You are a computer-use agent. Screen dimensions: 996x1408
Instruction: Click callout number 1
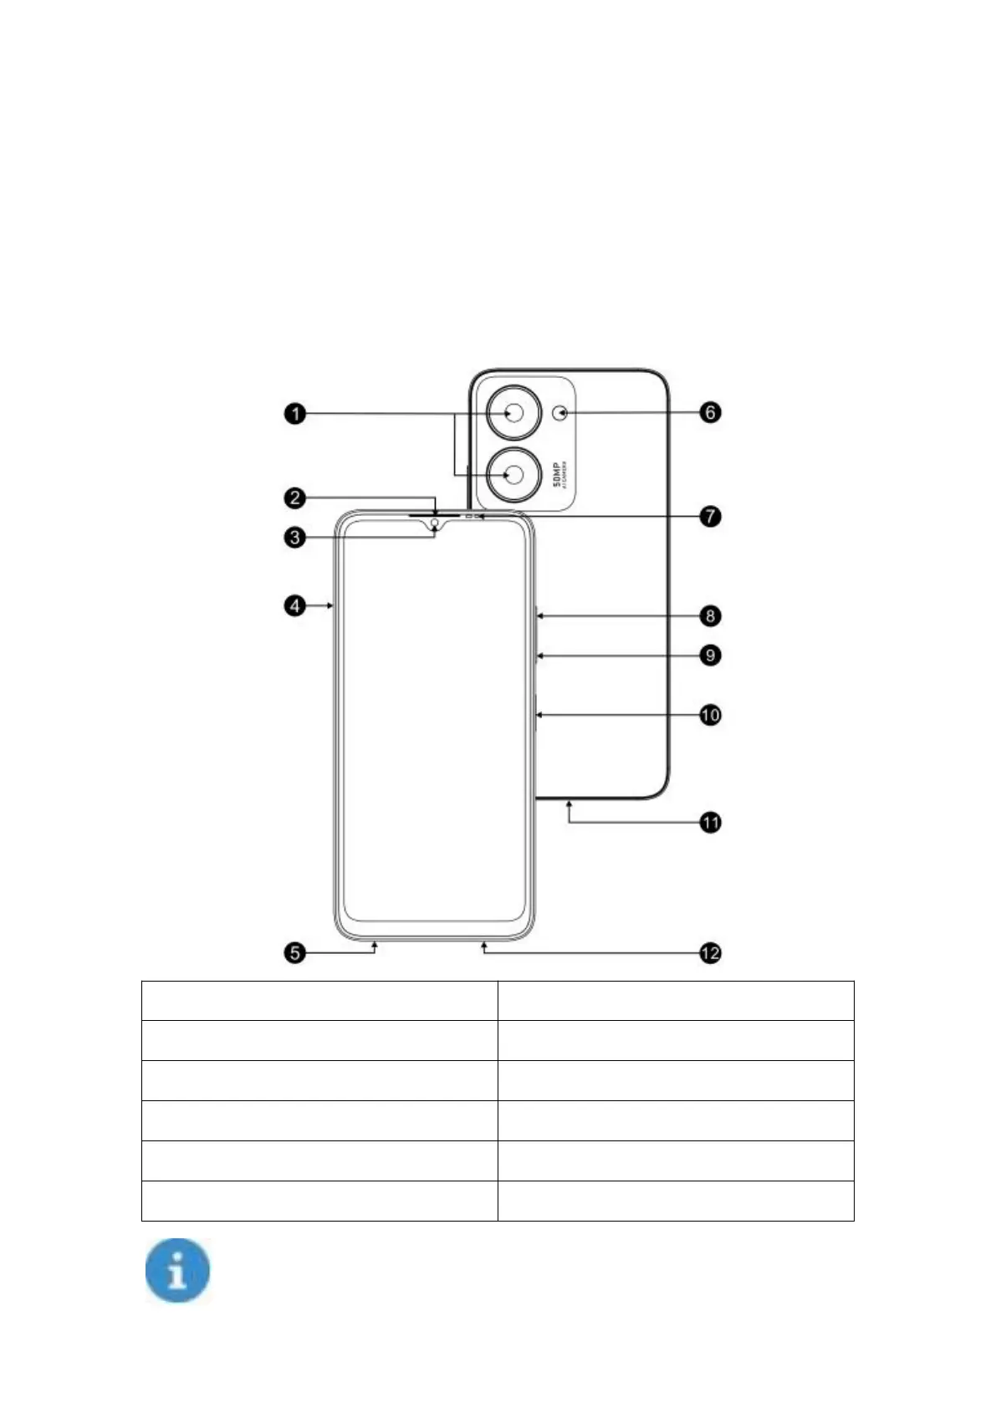[x=294, y=413]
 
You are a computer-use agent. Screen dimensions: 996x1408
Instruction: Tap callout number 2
[x=294, y=498]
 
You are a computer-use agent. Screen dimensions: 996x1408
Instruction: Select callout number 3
[x=294, y=537]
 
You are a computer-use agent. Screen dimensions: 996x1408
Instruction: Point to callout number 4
[x=294, y=605]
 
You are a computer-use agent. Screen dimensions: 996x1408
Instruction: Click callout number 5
[x=294, y=952]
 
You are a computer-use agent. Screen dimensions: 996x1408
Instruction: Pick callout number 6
[x=710, y=412]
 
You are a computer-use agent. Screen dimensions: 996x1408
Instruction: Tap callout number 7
[x=710, y=516]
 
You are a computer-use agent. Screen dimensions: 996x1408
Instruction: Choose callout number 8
[x=710, y=616]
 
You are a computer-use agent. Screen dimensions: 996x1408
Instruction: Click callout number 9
[x=710, y=655]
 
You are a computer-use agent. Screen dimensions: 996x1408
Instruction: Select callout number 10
[x=710, y=715]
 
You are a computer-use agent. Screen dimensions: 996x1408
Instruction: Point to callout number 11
[x=710, y=823]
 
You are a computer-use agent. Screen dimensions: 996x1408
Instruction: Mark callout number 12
[x=710, y=952]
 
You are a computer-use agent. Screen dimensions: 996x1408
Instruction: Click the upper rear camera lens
[x=514, y=413]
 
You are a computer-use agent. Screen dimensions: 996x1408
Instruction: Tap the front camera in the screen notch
[x=435, y=524]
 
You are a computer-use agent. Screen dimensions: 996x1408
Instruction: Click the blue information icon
[x=177, y=1271]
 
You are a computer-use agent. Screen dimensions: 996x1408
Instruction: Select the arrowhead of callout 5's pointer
[x=375, y=944]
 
